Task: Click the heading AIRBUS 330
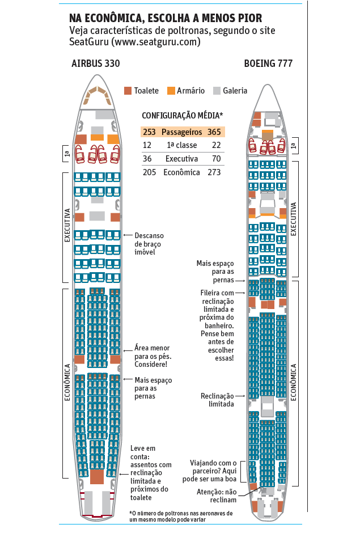coord(95,64)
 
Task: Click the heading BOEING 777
coord(268,64)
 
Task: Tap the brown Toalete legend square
coord(128,91)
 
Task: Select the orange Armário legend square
coord(171,91)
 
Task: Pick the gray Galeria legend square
coord(217,91)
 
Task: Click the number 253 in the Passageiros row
coord(149,132)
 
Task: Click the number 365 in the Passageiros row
coord(214,132)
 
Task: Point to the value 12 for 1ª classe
coord(147,145)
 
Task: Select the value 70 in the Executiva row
coord(216,159)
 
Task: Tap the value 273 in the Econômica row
coord(214,172)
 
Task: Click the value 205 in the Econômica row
coord(149,172)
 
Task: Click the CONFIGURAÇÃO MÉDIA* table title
coord(182,115)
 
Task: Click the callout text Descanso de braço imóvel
coord(149,244)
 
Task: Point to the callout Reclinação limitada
coord(217,400)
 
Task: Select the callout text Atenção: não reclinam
coord(216,496)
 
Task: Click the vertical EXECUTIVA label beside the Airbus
coord(67,226)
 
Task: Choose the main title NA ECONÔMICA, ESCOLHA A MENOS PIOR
coord(166,18)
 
